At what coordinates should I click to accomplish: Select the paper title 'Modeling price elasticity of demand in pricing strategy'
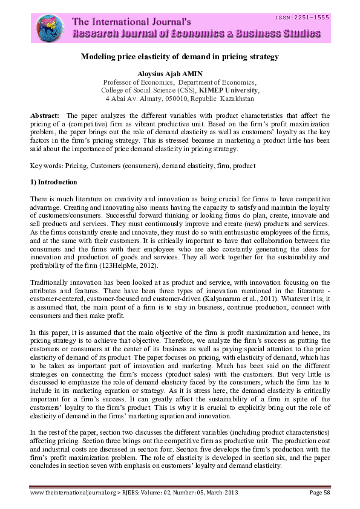(180, 57)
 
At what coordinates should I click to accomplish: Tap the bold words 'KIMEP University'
(232, 89)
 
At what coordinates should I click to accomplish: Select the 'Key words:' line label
(46, 165)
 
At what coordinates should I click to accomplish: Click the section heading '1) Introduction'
(55, 182)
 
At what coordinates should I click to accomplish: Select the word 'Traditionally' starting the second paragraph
(51, 282)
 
